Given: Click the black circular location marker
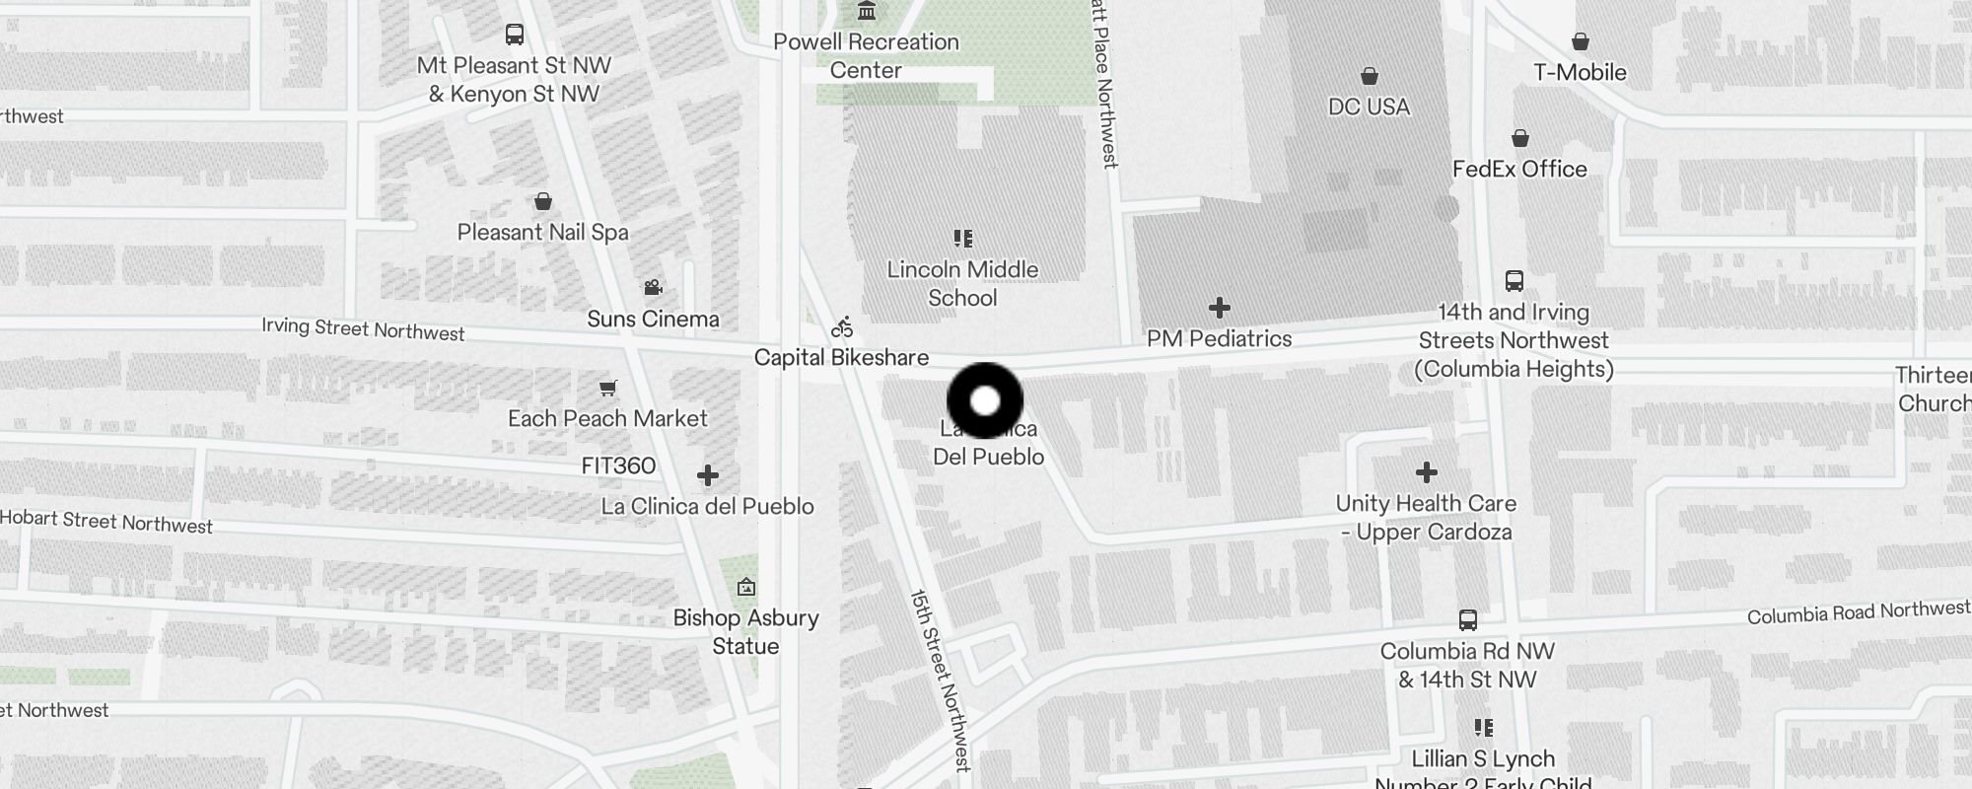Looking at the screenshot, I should click(985, 400).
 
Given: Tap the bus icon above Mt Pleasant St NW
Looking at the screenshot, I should click(514, 35).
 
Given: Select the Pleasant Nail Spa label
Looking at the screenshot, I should click(542, 233).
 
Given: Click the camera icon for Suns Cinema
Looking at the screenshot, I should click(653, 287).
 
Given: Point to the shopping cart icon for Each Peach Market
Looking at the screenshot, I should click(608, 388).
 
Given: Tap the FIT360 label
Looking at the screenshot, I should click(618, 466).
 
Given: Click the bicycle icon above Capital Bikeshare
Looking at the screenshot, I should click(841, 327).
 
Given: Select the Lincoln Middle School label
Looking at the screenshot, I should click(962, 284).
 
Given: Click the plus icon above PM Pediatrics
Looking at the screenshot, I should click(1220, 308).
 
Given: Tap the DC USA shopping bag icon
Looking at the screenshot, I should click(1369, 76).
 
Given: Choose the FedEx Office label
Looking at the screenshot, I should click(1519, 169).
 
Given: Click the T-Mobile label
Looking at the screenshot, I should click(1580, 72).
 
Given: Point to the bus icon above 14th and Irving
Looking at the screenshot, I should click(1514, 281).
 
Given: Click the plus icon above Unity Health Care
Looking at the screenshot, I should click(1426, 472).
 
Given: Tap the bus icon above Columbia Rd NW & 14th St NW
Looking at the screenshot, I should click(1467, 620).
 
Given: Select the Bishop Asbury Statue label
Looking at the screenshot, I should click(745, 632).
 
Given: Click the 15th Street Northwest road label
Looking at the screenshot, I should click(940, 680).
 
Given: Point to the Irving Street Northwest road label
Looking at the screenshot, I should click(363, 329).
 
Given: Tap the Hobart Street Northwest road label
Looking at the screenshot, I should click(106, 522).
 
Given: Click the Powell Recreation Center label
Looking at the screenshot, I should click(866, 56).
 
